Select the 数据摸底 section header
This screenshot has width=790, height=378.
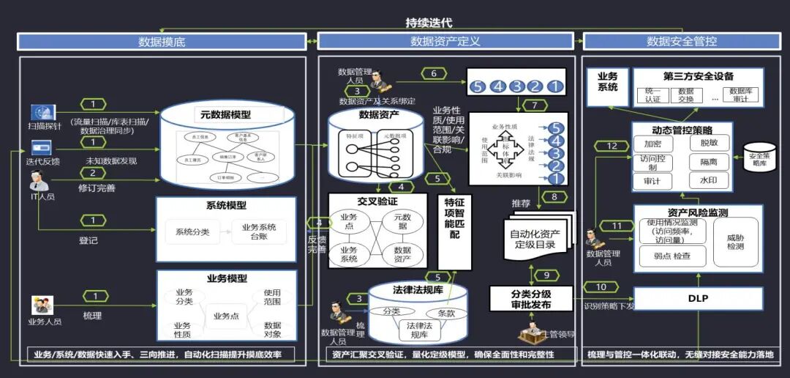(x=162, y=42)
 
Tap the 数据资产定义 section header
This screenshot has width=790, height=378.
(x=445, y=42)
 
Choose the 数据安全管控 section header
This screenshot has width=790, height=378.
(x=682, y=42)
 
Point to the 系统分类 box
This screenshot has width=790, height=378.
(x=192, y=232)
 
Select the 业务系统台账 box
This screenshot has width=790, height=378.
(x=260, y=232)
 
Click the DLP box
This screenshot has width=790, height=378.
(x=698, y=298)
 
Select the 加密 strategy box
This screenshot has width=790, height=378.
(x=652, y=144)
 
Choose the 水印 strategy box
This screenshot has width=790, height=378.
(x=709, y=179)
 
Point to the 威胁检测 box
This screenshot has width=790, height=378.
(x=735, y=242)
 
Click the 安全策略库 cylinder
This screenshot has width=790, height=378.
(x=760, y=157)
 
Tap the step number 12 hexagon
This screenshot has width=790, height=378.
(x=612, y=147)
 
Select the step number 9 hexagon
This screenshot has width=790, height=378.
(x=546, y=275)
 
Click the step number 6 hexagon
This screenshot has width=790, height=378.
(x=434, y=73)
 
